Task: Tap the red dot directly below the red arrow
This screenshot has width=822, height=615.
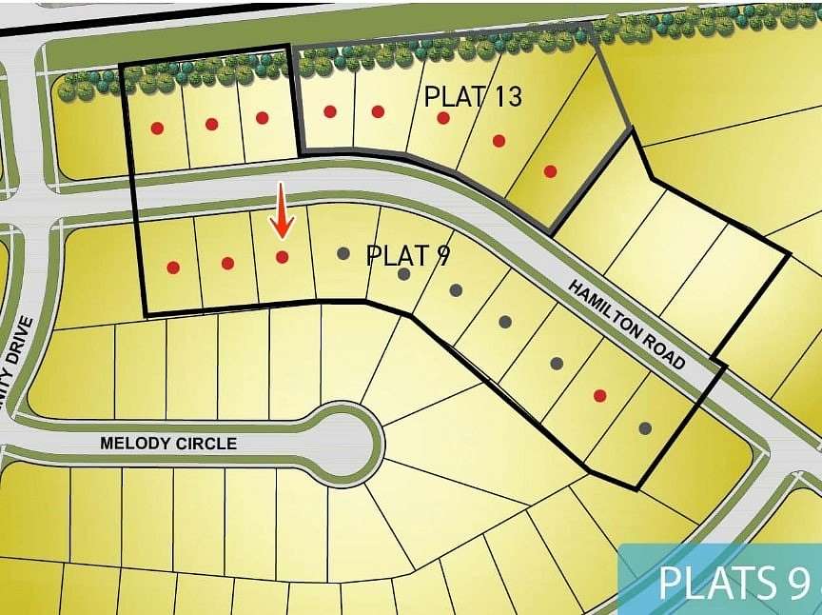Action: [282, 257]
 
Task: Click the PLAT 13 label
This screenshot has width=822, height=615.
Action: [473, 96]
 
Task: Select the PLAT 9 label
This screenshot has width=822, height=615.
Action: [408, 256]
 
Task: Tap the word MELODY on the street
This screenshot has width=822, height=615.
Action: [134, 444]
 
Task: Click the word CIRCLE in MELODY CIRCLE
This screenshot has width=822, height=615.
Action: [204, 444]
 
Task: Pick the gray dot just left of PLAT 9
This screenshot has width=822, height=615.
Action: [343, 253]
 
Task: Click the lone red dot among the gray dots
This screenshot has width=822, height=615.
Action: [599, 395]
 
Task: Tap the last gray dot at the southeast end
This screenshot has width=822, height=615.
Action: [645, 428]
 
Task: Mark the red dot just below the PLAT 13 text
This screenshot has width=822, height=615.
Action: [442, 117]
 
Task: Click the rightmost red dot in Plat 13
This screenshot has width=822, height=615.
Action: [550, 171]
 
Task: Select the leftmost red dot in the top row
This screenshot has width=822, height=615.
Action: [157, 128]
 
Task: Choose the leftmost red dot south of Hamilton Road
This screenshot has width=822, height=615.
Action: [172, 268]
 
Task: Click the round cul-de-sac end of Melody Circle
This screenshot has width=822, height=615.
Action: [348, 444]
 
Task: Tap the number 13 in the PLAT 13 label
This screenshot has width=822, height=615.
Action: [505, 96]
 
